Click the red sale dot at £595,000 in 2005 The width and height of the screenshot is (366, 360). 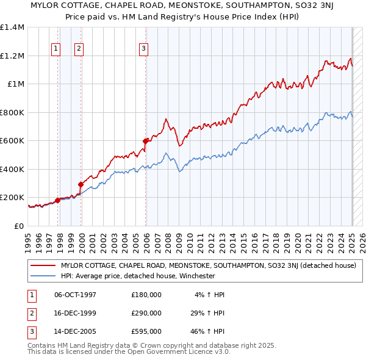click(x=146, y=141)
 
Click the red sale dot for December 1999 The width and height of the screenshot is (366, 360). click(x=81, y=184)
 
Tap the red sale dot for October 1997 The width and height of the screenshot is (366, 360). click(x=57, y=200)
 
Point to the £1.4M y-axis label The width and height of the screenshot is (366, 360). click(x=12, y=27)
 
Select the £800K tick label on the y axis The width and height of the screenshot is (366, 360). click(x=12, y=112)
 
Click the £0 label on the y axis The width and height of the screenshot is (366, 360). click(x=18, y=226)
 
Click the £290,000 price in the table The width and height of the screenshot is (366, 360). click(x=146, y=313)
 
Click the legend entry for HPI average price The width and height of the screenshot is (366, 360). click(x=138, y=276)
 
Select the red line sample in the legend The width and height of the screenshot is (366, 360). click(x=43, y=265)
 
